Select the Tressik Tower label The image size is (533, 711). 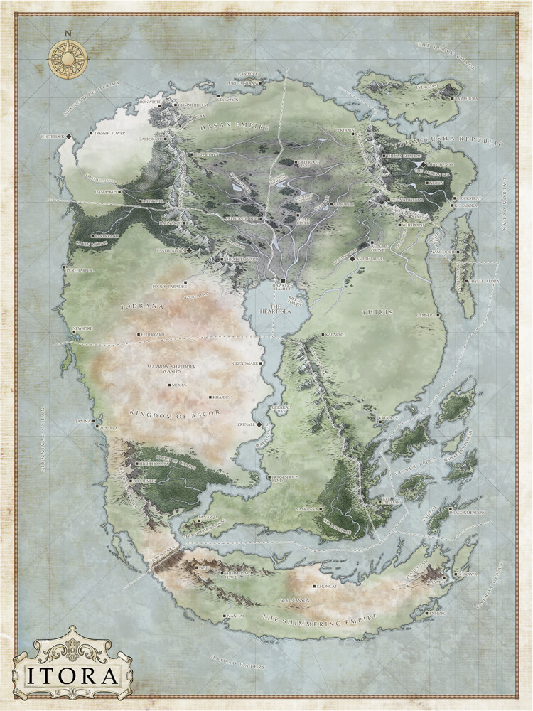(107, 132)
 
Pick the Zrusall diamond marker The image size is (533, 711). (259, 424)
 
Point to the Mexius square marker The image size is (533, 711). (169, 385)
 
